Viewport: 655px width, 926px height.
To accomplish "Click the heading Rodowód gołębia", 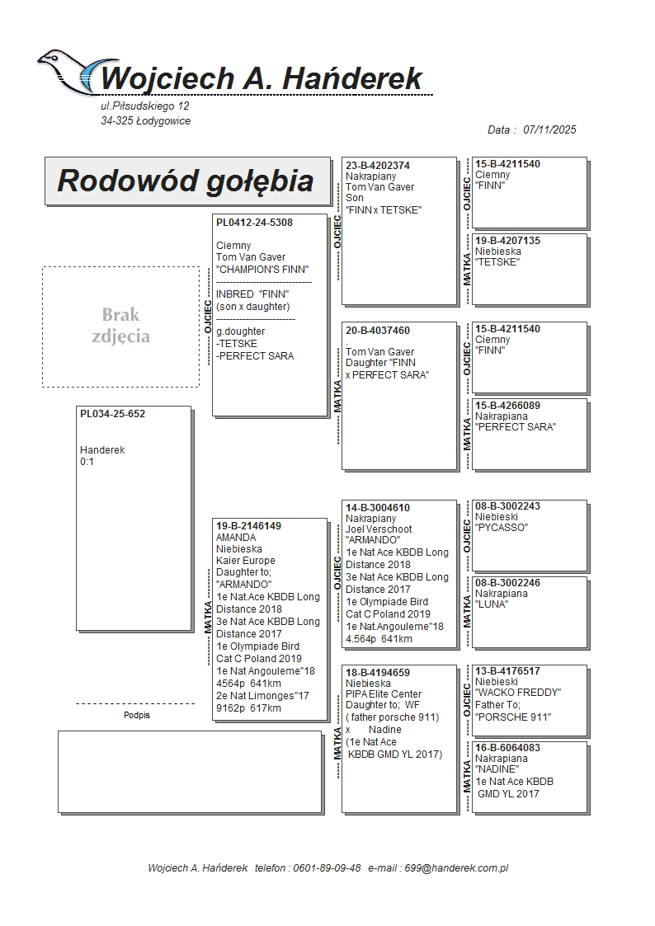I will click(185, 181).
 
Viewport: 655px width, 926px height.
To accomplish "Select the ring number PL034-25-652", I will click(112, 414).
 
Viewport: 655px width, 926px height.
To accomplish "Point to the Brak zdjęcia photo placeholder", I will click(120, 326).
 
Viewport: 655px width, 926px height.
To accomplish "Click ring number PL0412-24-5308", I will click(254, 223).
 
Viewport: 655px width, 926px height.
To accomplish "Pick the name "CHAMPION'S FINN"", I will click(262, 270).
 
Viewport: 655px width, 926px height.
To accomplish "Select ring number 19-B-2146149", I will click(248, 526).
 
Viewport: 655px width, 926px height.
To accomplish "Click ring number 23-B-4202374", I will click(378, 166).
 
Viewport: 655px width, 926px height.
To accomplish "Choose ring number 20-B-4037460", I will click(378, 331).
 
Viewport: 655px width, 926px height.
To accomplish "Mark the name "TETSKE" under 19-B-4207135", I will click(497, 262).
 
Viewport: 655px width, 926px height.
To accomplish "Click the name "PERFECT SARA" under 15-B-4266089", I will click(516, 427).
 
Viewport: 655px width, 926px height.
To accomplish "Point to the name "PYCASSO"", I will click(502, 528).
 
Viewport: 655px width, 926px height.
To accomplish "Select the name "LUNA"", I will click(492, 604).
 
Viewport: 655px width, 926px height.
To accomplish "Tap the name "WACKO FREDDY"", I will click(518, 693).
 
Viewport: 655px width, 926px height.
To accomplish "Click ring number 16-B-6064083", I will click(507, 748).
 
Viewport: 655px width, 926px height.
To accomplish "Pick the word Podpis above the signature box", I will click(137, 715).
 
